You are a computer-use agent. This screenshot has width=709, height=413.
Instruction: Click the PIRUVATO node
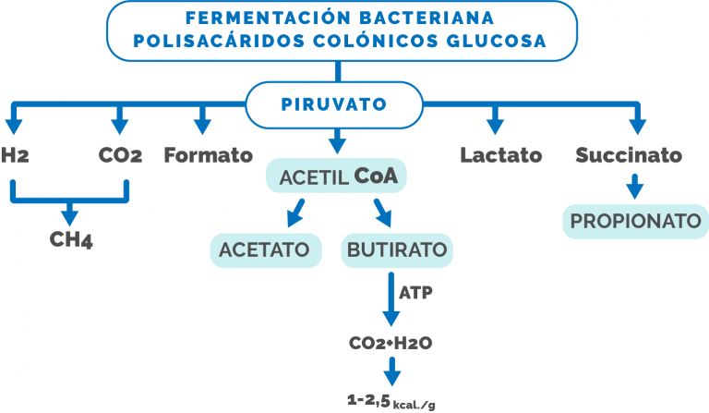click(334, 104)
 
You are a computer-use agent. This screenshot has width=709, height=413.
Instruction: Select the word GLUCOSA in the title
click(497, 41)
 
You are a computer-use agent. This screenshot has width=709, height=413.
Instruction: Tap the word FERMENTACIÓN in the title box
click(268, 18)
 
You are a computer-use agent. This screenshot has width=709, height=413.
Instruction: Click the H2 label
click(15, 155)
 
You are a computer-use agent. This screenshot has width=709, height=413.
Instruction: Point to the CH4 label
click(71, 239)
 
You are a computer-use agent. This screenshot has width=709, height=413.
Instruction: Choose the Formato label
click(208, 155)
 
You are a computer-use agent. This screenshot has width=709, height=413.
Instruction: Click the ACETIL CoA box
click(336, 176)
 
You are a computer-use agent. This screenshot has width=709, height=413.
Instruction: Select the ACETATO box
click(266, 250)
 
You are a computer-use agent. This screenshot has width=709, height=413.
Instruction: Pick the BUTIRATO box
click(397, 250)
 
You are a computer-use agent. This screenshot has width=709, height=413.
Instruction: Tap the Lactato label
click(501, 155)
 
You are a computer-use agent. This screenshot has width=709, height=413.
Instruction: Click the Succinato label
click(629, 155)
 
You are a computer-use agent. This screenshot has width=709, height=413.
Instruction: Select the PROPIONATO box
click(635, 221)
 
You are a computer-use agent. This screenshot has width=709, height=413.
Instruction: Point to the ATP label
click(415, 293)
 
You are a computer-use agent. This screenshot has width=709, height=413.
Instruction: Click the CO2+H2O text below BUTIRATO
click(391, 343)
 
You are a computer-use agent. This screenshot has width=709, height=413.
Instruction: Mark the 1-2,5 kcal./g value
click(391, 401)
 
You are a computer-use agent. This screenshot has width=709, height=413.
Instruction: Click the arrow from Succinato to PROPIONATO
click(635, 187)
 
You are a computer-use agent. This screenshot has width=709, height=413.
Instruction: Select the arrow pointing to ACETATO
click(295, 213)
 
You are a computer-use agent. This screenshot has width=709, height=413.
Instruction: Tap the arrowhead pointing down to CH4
click(69, 217)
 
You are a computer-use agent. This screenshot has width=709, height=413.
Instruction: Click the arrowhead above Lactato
click(495, 127)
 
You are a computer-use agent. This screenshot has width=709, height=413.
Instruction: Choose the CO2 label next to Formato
click(120, 155)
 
